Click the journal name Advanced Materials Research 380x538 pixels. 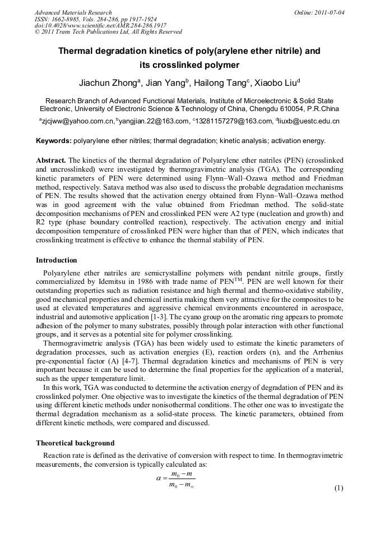(73, 12)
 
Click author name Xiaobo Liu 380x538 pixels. (273, 84)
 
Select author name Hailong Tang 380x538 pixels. (221, 84)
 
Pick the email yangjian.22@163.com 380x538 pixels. (152, 121)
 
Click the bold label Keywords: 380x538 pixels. (54, 141)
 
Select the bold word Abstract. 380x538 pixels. (51, 160)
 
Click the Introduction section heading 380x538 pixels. (57, 260)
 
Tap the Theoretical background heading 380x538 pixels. (75, 443)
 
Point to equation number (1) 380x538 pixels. (339, 488)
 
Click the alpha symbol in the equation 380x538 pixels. (159, 479)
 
